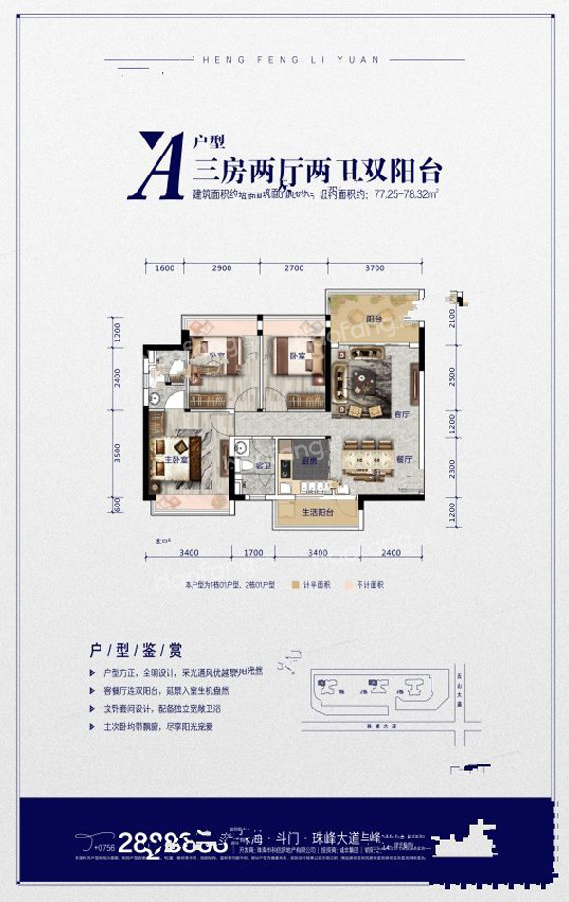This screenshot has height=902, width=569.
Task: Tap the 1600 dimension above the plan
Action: coord(164,268)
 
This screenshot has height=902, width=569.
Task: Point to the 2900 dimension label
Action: coord(222,268)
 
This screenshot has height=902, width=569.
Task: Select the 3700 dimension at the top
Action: coord(374,268)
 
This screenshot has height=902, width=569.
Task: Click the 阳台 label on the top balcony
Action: coord(374,320)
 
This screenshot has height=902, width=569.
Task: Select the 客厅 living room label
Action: coord(401,414)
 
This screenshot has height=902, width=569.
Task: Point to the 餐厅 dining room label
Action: coord(403,458)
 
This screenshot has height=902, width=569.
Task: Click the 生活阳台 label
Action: coord(316,513)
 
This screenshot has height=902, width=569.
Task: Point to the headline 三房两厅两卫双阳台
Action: coord(318,172)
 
